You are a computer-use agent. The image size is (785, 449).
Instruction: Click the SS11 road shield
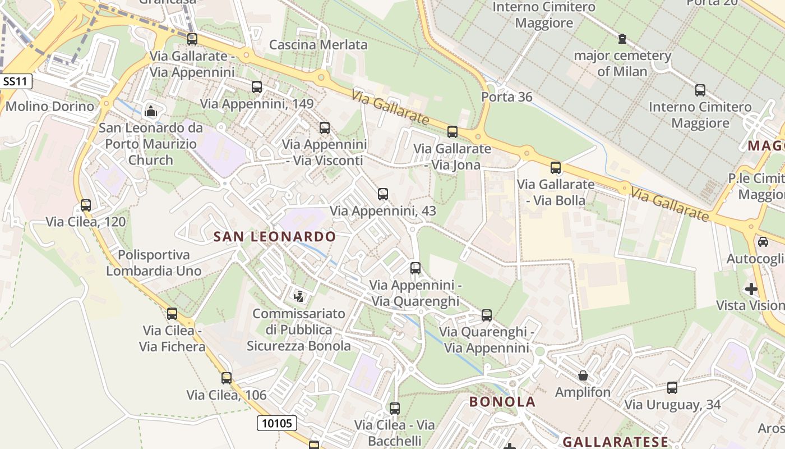coord(15,81)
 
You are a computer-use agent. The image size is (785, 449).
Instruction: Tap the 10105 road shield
coord(277,423)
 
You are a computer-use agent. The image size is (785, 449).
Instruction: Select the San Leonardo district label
coord(274,236)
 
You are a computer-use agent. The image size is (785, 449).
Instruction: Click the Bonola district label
coord(502,401)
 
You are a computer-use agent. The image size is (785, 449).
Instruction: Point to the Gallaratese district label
coord(615,442)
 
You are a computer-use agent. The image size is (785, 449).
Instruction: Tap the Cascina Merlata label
coord(318,45)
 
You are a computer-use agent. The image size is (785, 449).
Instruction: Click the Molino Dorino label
coord(50,106)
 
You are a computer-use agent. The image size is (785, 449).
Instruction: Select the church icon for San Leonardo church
coord(150,112)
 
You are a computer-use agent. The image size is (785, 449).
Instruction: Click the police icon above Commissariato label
coord(299,296)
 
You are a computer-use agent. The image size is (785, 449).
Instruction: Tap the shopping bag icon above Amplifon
coord(583,375)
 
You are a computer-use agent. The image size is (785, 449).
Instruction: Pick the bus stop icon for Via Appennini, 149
coord(257,87)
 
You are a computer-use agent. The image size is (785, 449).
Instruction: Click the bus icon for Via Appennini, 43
coord(383,194)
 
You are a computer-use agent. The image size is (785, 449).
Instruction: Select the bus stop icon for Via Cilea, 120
coord(86,205)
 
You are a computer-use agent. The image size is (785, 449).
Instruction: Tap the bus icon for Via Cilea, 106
coord(227,378)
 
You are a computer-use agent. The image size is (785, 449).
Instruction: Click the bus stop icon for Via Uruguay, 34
coord(672,388)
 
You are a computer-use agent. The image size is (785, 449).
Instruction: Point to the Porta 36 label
coord(506,97)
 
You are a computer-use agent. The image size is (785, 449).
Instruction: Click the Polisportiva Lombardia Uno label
coord(154,263)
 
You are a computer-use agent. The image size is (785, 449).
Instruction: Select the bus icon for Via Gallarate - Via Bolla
coord(556,168)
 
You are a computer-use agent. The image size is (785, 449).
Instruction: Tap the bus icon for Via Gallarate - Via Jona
coord(452,132)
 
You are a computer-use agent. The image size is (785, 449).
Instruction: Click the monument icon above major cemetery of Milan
coord(622,39)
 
